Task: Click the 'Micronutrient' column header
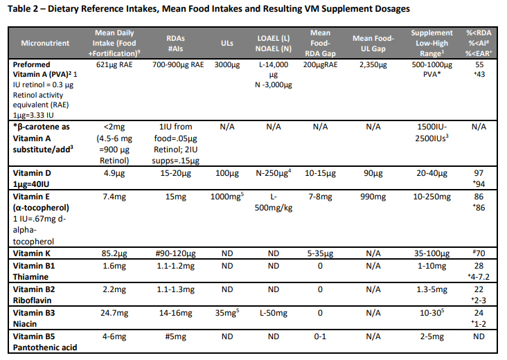click(x=45, y=44)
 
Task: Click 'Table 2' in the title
click(x=24, y=9)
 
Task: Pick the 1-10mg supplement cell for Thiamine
click(x=432, y=265)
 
